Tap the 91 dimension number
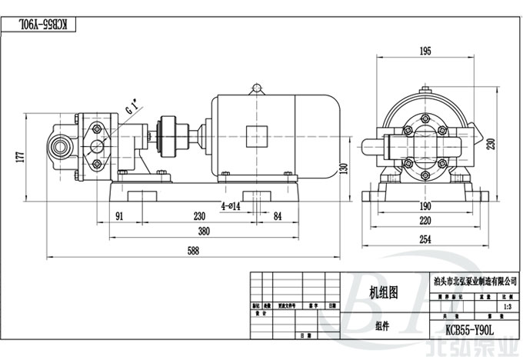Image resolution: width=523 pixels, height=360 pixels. pyautogui.click(x=121, y=217)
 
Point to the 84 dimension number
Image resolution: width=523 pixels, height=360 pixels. pyautogui.click(x=278, y=217)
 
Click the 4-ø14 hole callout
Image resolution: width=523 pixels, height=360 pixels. pyautogui.click(x=230, y=206)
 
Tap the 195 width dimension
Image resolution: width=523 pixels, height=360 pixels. pyautogui.click(x=425, y=52)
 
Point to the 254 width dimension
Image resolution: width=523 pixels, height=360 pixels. pyautogui.click(x=425, y=240)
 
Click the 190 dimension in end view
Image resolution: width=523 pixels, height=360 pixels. pyautogui.click(x=425, y=207)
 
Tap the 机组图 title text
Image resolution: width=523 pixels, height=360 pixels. pyautogui.click(x=384, y=292)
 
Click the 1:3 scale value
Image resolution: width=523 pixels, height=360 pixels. pyautogui.click(x=505, y=306)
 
